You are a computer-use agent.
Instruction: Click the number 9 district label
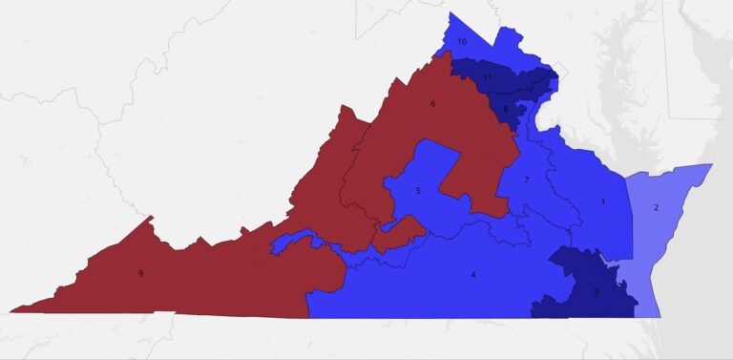point(140,274)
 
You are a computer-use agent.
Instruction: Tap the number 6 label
point(433,103)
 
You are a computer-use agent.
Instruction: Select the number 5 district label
point(417,191)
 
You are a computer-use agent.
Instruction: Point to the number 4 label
point(473,275)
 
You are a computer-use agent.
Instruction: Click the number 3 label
point(597,291)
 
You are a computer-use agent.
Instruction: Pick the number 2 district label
point(656,207)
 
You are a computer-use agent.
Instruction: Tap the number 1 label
point(602,201)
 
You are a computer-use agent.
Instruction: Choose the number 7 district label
point(526,180)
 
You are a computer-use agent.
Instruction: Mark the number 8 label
point(505,109)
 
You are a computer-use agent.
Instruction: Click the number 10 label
point(462,42)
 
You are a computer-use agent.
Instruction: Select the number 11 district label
point(487,76)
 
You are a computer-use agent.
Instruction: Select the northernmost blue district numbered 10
point(477,38)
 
